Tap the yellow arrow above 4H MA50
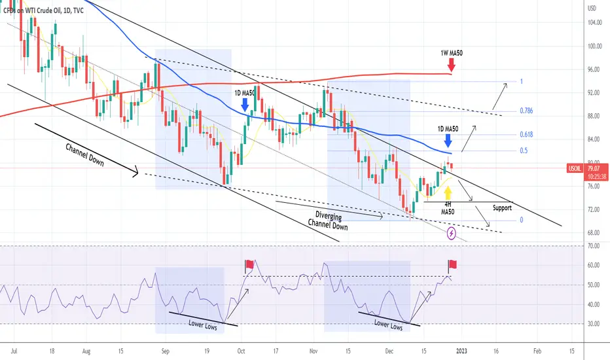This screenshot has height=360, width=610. tap(448, 192)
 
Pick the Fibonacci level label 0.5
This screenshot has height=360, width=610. tap(524, 151)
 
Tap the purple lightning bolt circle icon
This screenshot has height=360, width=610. tap(452, 233)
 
